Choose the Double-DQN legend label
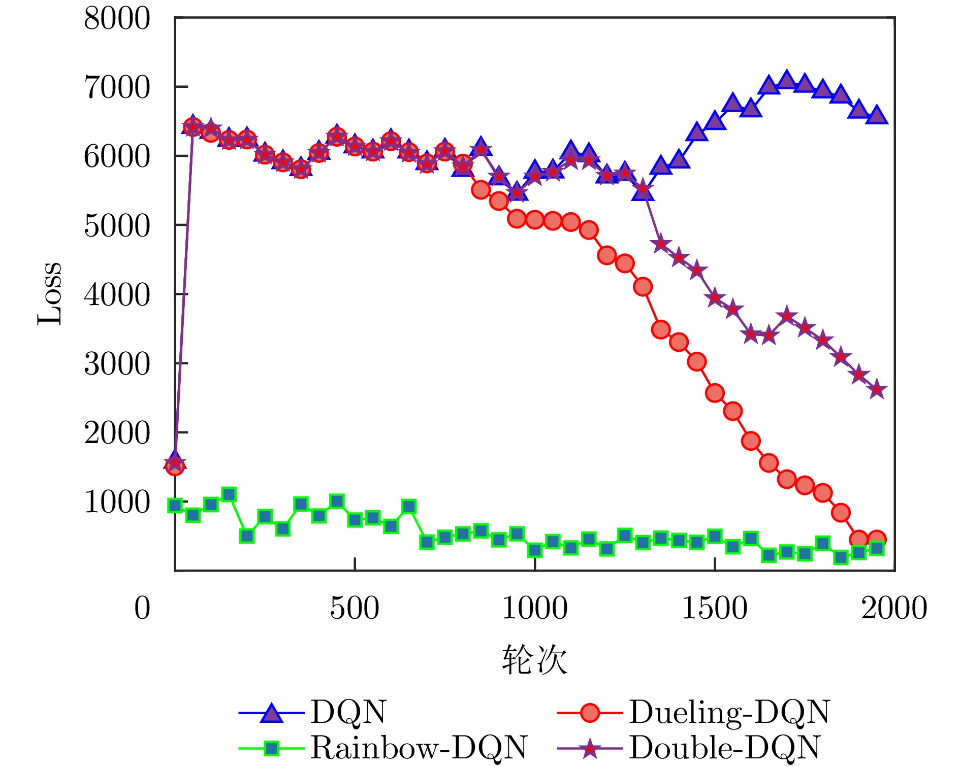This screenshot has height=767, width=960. [x=724, y=747]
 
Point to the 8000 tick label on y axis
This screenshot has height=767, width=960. [x=117, y=19]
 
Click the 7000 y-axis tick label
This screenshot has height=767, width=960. [x=117, y=87]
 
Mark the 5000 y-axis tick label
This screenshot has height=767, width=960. [x=117, y=225]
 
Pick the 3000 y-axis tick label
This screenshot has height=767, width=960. [x=117, y=364]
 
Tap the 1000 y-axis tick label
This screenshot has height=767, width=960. [x=117, y=502]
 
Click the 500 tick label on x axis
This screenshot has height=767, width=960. [x=355, y=608]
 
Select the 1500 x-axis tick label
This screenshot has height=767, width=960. [x=714, y=608]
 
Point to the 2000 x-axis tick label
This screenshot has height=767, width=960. [x=894, y=608]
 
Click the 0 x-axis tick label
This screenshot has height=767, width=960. [x=142, y=608]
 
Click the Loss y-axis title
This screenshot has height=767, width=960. [x=50, y=294]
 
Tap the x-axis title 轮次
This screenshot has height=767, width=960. [x=534, y=660]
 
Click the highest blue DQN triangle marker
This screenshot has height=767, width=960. [x=787, y=80]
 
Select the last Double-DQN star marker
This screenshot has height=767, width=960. [x=877, y=390]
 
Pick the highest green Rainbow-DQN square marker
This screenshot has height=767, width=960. [x=229, y=494]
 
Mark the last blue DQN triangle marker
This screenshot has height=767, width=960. [x=877, y=115]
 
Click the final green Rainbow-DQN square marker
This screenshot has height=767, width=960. [x=877, y=548]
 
